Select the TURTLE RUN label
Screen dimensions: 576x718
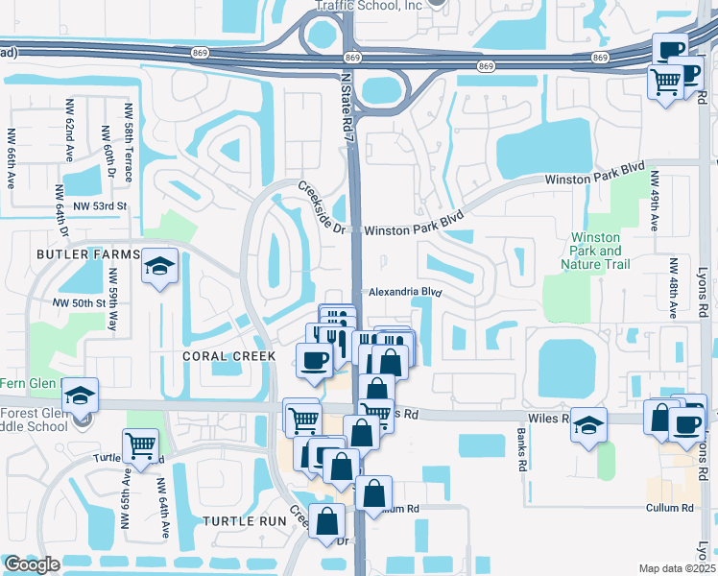245,520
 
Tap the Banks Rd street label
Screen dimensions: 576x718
522,453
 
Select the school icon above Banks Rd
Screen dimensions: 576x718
588,424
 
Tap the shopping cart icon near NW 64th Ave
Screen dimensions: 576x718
140,445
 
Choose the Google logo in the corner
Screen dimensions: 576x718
32,564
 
